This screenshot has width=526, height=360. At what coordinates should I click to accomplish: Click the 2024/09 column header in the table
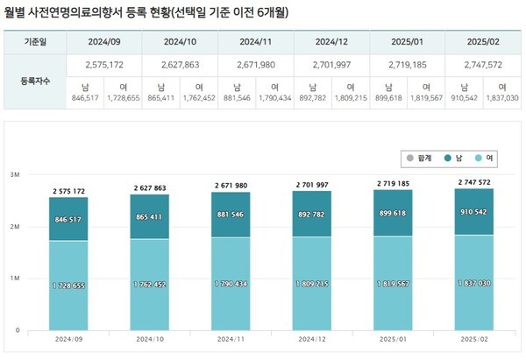point(104,41)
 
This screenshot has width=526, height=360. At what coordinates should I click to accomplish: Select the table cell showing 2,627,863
point(181,65)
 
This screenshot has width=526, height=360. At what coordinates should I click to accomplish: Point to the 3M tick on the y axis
point(16,175)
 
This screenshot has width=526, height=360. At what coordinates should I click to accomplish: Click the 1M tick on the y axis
point(16,278)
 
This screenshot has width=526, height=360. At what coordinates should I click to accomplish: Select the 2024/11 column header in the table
point(256,41)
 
